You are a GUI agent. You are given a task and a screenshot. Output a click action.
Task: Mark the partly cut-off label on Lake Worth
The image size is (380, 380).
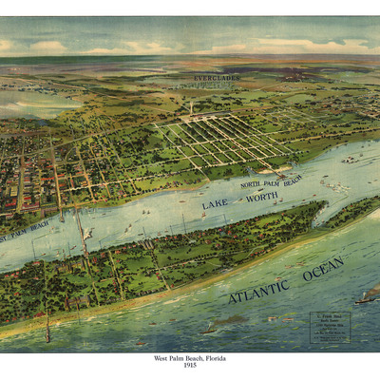tap(26, 229)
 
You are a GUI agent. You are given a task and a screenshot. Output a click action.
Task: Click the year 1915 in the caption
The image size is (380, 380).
tap(190, 367)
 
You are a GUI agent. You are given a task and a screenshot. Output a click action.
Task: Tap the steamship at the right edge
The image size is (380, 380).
tap(367, 296)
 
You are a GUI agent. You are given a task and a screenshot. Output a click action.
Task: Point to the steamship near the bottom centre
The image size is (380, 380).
tap(210, 330)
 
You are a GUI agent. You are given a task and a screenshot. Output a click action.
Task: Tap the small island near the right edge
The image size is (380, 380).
tap(352, 159)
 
